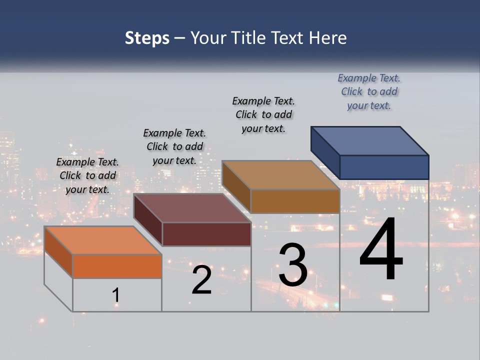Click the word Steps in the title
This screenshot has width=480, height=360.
pos(147,38)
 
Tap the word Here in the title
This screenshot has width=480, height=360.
pos(328,38)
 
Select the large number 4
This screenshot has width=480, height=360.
pos(381,249)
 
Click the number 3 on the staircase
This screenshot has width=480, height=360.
pos(293,265)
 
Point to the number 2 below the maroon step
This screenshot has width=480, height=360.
pos(201,280)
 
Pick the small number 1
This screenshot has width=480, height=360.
pos(116,295)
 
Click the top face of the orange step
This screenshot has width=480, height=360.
pos(102,240)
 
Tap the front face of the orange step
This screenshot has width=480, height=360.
pos(117,266)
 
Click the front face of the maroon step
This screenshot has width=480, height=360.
pos(206,234)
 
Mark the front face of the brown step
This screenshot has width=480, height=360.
pos(295,201)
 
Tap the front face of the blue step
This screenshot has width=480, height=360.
pos(384,167)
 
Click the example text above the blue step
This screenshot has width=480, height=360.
pos(369,92)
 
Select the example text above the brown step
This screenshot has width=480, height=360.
pos(263,114)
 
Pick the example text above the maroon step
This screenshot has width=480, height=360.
pos(174,146)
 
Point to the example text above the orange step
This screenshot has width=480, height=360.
pos(87,175)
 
